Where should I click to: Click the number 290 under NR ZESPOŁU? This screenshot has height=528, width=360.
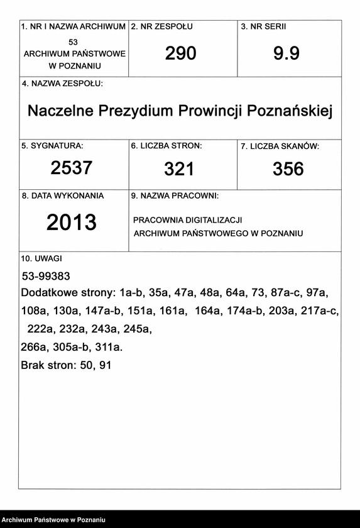click(x=181, y=54)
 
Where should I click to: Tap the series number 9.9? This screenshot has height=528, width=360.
click(x=286, y=54)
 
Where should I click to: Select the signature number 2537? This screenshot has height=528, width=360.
click(x=72, y=168)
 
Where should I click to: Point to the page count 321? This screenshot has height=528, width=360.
click(x=179, y=168)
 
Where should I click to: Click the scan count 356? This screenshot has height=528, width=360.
click(x=288, y=168)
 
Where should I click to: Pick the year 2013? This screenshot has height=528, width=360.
click(x=72, y=222)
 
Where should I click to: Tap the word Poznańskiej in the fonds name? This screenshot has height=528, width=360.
click(x=290, y=111)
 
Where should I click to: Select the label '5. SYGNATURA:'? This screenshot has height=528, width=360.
click(x=52, y=146)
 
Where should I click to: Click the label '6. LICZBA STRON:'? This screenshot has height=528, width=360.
click(x=166, y=146)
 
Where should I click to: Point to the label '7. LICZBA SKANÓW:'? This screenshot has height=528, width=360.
click(x=280, y=146)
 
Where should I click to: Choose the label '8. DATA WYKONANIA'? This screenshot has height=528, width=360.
click(x=63, y=195)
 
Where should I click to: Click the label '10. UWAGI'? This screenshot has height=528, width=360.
click(x=41, y=258)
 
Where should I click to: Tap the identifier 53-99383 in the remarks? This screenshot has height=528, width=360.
click(x=46, y=276)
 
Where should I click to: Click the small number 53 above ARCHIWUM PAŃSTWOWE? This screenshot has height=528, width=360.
click(x=74, y=41)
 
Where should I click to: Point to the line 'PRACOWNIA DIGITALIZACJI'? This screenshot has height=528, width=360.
click(x=188, y=220)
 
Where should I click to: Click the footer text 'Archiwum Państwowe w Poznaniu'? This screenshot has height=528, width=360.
click(x=53, y=520)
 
